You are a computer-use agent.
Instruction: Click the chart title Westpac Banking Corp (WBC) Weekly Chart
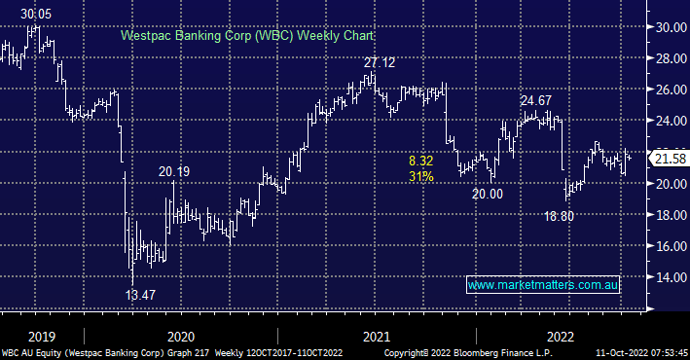[248, 35]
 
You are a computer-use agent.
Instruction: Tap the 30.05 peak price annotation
[36, 15]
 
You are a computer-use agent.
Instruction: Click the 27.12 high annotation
[380, 63]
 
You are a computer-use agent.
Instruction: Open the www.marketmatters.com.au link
[543, 285]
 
